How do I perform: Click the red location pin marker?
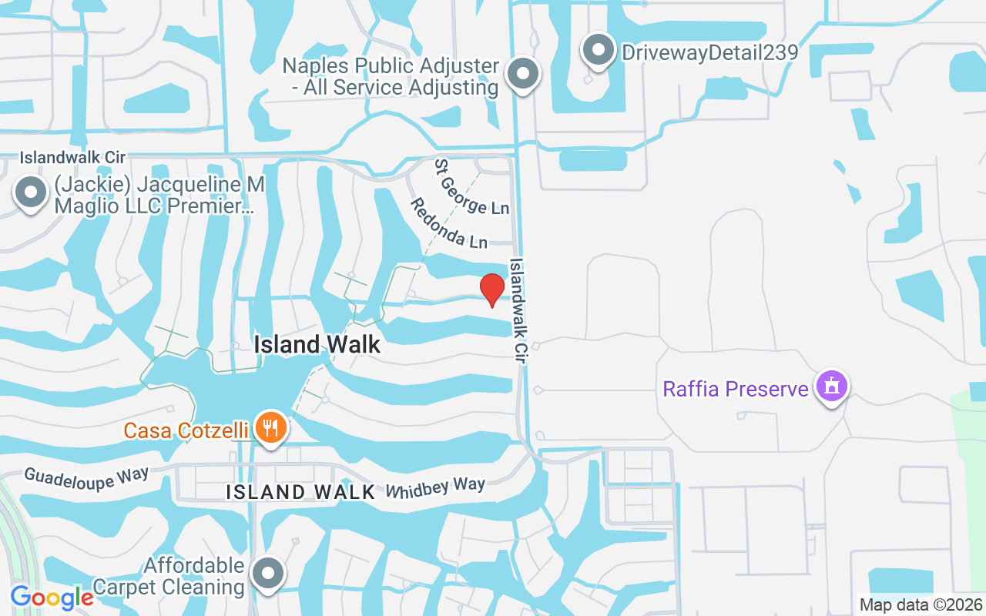pyautogui.click(x=491, y=290)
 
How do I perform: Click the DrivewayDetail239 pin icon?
pyautogui.click(x=597, y=50)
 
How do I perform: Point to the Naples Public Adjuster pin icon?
pyautogui.click(x=523, y=75)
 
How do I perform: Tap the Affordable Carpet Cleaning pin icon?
pyautogui.click(x=268, y=573)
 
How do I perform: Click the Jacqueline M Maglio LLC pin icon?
pyautogui.click(x=31, y=193)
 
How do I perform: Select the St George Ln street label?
pyautogui.click(x=471, y=187)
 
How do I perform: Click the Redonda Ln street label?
pyautogui.click(x=448, y=223)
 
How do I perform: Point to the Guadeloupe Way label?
pyautogui.click(x=86, y=476)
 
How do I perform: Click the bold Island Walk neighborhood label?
pyautogui.click(x=317, y=344)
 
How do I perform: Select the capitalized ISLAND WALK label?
pyautogui.click(x=300, y=492)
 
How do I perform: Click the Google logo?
pyautogui.click(x=52, y=597)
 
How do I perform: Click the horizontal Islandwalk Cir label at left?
pyautogui.click(x=72, y=157)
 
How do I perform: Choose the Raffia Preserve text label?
pyautogui.click(x=736, y=388)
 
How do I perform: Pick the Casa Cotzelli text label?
pyautogui.click(x=186, y=430)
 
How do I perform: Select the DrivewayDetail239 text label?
pyautogui.click(x=709, y=52)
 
